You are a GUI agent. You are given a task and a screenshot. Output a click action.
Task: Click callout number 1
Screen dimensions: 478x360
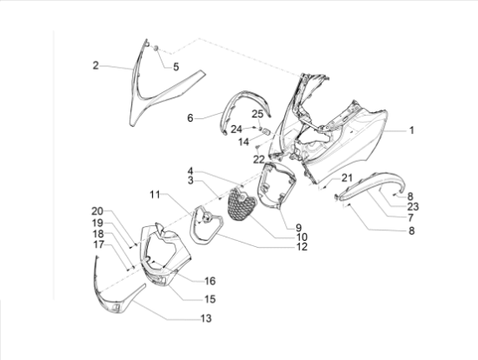(412, 130)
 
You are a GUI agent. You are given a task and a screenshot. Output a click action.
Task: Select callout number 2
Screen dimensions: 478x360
(96, 65)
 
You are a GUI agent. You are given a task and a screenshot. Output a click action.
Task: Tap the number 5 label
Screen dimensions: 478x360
(176, 67)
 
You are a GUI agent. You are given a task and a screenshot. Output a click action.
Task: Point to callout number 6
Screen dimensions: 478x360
(190, 117)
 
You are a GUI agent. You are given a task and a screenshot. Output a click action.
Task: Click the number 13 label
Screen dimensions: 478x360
(206, 318)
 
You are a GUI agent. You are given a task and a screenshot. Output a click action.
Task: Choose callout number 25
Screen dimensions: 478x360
(257, 114)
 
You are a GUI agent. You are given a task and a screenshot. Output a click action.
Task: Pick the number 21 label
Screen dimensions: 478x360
(347, 178)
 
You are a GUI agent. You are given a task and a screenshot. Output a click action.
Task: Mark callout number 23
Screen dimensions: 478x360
(413, 207)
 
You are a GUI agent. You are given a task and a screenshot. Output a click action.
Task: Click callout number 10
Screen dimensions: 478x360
(302, 237)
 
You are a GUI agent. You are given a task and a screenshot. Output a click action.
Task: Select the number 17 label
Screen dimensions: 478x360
(98, 244)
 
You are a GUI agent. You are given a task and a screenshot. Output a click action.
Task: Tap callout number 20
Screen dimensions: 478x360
(97, 211)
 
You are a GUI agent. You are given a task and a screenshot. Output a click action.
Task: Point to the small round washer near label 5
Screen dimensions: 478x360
(156, 49)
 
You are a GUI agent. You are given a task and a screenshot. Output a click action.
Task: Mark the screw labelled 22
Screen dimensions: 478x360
(257, 149)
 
